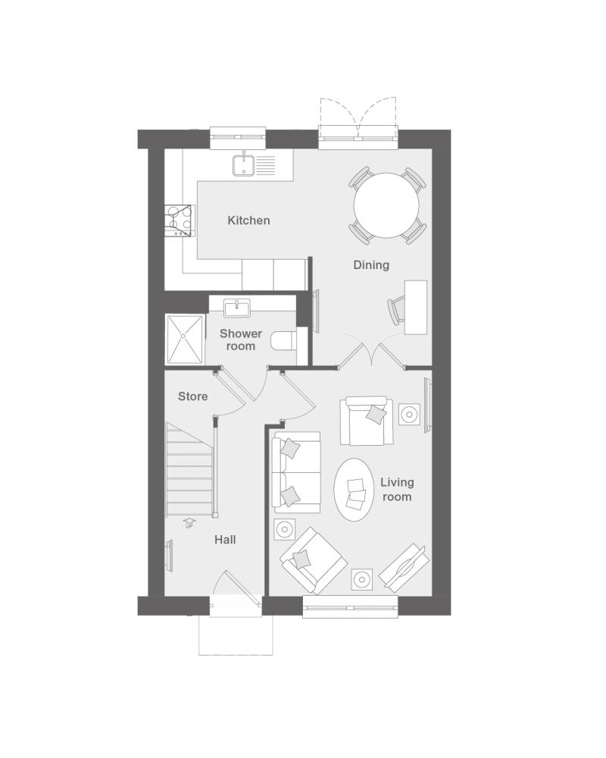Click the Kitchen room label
248,221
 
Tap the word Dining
371,265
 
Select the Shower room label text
241,340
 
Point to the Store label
193,396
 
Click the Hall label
225,540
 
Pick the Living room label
397,489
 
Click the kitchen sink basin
244,164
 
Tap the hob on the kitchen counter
180,221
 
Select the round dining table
386,205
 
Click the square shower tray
184,339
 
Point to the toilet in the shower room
283,341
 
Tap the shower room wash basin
237,308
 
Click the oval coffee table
354,490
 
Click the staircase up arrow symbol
189,522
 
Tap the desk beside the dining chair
416,307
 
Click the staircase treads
190,469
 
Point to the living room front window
351,606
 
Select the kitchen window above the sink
239,138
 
